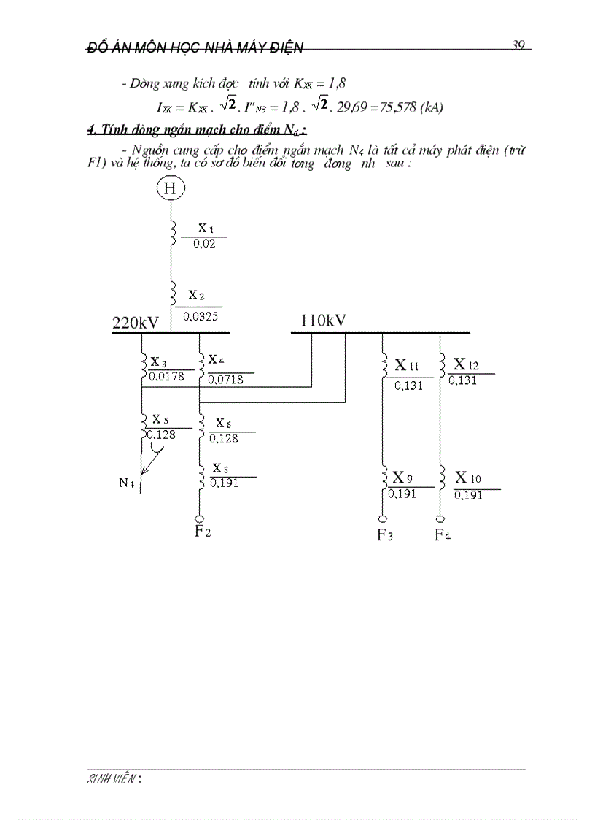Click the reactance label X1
coord(206,229)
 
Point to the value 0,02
coord(204,244)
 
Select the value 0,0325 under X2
coord(201,317)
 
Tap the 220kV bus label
coord(136,323)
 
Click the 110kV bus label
coord(323,320)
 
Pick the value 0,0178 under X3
coord(166,377)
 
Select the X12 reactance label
coord(466,364)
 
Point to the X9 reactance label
coord(403,478)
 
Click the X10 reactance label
coord(468,478)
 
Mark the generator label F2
coord(203,531)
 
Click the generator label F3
coord(385,535)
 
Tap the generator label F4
coord(443,535)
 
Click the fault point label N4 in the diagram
coord(126,483)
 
